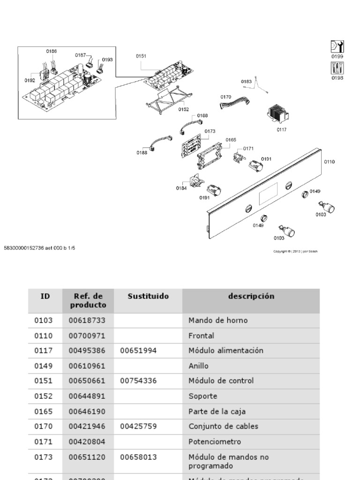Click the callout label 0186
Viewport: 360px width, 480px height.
[x=52, y=51]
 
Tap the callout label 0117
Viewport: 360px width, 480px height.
[x=281, y=129]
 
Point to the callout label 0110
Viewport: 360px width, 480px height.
[x=329, y=162]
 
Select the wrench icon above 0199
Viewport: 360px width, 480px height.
[x=337, y=47]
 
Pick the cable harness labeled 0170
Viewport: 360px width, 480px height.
[x=235, y=102]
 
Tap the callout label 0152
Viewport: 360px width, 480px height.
[x=183, y=109]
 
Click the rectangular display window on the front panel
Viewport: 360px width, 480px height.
[x=270, y=192]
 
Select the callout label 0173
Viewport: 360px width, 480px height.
[x=210, y=131]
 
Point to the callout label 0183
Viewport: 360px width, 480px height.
[x=246, y=82]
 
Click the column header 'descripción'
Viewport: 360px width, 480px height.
[x=251, y=296]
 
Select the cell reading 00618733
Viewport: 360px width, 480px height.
[x=87, y=321]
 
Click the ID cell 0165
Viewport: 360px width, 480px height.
[x=44, y=412]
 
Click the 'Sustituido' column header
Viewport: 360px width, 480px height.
[x=148, y=296]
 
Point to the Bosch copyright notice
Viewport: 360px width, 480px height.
[x=295, y=251]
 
